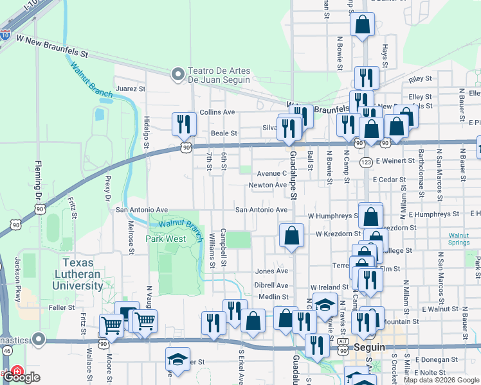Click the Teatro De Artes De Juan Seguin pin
click(x=177, y=75)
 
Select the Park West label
click(x=165, y=239)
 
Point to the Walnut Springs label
click(x=458, y=239)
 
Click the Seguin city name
click(x=369, y=347)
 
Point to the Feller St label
click(x=62, y=308)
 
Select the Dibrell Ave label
click(x=271, y=285)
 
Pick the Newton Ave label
click(x=268, y=185)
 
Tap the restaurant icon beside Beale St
click(x=185, y=123)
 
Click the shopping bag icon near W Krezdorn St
click(x=291, y=235)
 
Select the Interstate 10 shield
click(x=5, y=35)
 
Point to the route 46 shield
click(x=6, y=351)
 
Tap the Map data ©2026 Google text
click(x=440, y=380)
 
